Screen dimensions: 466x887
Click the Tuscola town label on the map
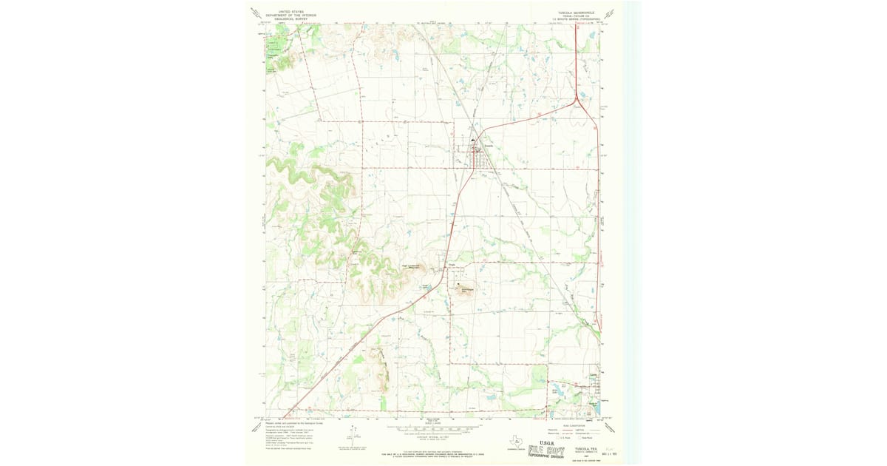click(488, 145)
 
